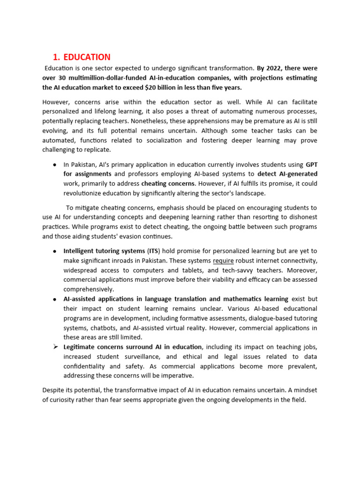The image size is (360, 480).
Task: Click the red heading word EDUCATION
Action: click(x=87, y=57)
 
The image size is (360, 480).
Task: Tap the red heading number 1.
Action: click(x=56, y=57)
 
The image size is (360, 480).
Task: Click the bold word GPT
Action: click(x=311, y=165)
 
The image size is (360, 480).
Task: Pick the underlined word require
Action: click(x=223, y=261)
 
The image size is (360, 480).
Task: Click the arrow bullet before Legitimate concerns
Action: click(x=55, y=347)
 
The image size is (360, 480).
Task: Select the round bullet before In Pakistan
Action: click(x=55, y=165)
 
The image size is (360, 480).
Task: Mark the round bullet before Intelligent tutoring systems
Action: click(x=55, y=251)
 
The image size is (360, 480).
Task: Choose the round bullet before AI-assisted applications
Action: click(x=55, y=299)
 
